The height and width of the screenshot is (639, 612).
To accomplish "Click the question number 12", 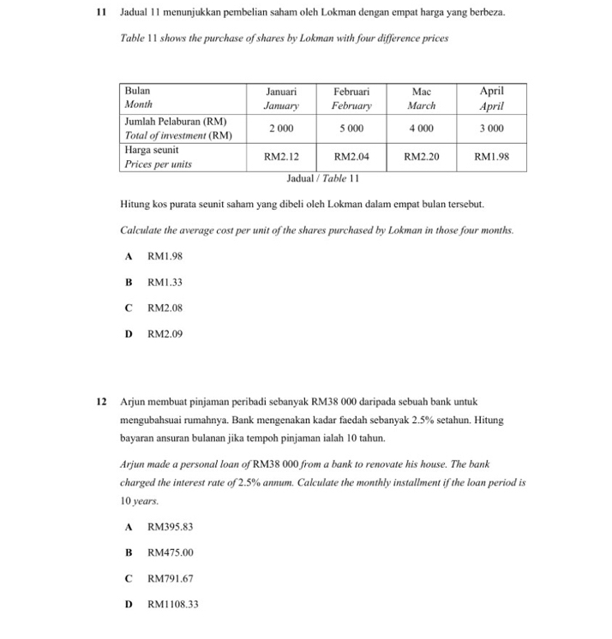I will [x=101, y=400].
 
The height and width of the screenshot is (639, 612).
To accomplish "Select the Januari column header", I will [x=280, y=98].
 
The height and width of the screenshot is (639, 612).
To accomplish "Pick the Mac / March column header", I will [x=421, y=98].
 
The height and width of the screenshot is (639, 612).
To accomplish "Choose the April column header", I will [x=491, y=98].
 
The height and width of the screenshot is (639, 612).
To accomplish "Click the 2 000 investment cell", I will [x=280, y=128].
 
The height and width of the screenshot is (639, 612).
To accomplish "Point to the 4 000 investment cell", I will [x=421, y=128].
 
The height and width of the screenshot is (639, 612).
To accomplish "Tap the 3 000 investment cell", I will [x=491, y=128].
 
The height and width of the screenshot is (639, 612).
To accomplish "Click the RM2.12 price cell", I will [x=280, y=157].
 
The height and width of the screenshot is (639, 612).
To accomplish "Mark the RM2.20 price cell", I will [x=421, y=157].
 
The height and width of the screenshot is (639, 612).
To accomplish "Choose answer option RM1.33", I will [x=165, y=282].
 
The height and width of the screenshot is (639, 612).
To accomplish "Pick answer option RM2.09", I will [x=165, y=334].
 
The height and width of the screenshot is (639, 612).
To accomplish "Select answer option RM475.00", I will [x=170, y=552].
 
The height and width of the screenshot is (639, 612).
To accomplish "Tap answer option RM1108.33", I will [x=172, y=604].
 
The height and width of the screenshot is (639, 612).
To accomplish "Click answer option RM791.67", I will [x=170, y=578].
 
